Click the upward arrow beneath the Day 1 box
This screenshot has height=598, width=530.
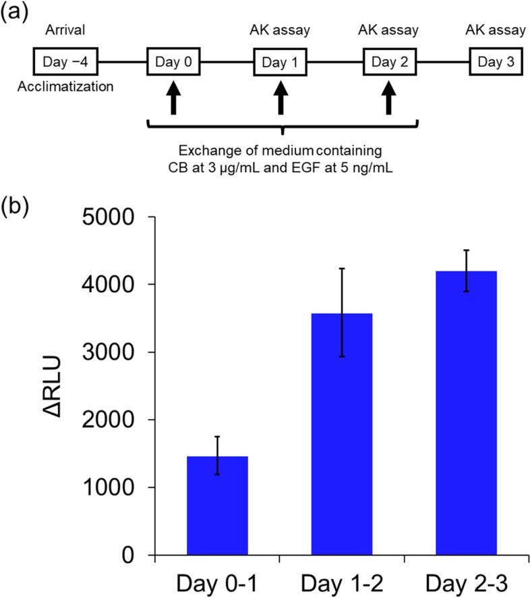[x=282, y=99]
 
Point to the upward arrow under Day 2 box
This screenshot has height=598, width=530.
[x=389, y=99]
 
